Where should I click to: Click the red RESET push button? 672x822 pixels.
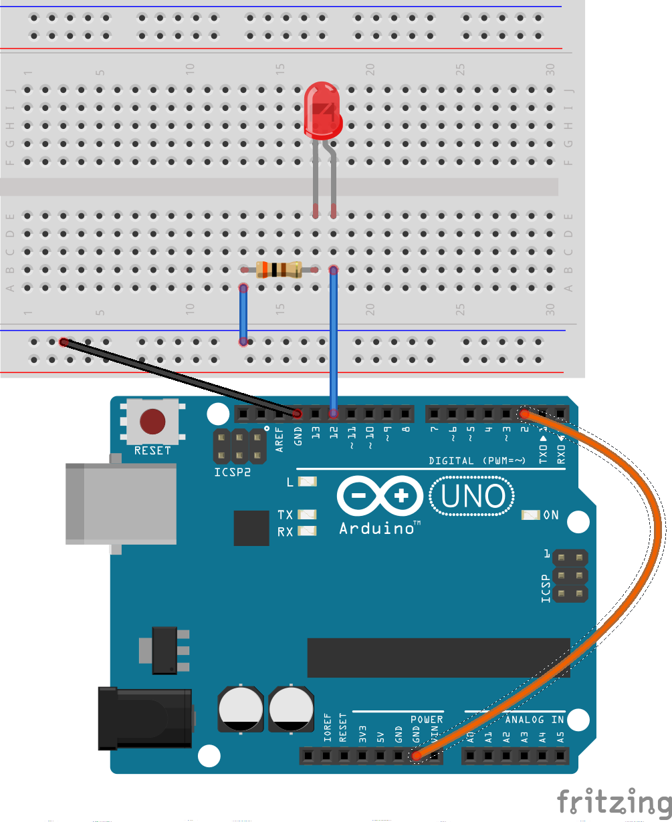[x=152, y=422]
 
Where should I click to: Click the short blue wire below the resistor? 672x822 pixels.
[x=244, y=314]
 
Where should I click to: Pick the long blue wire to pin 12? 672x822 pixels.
[x=333, y=341]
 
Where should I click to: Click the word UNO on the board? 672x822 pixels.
[x=473, y=497]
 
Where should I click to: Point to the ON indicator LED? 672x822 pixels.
[x=531, y=515]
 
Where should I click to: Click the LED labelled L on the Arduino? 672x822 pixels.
[x=308, y=481]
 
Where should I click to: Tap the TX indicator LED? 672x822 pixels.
[x=308, y=515]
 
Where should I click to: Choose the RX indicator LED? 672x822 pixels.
[x=308, y=532]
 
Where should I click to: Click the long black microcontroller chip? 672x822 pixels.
[x=439, y=658]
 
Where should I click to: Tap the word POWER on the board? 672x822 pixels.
[x=426, y=720]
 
